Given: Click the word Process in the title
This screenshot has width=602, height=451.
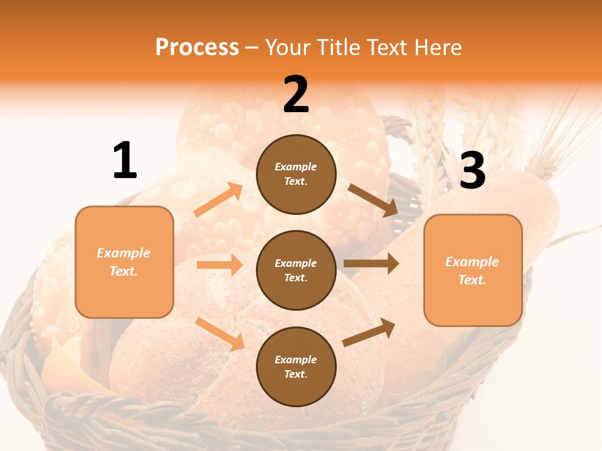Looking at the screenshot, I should point(197,48).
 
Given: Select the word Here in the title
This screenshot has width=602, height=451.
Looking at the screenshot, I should point(436,48).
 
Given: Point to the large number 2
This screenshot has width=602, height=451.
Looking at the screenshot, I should point(296,95).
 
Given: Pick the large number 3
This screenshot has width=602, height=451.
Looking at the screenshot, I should point(473,170).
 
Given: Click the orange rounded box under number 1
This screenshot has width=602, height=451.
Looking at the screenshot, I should point(124,262).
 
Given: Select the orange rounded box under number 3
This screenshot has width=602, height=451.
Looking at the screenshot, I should point(473,271).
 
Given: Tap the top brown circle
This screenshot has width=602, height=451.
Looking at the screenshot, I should point(296,174).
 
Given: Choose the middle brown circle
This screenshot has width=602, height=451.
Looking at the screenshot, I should point(296,271).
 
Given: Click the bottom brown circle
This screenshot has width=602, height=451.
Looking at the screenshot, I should point(296,367).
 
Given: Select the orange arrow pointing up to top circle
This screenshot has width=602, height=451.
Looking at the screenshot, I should point(218,200).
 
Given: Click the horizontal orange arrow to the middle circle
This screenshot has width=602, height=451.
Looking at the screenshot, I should point(219,265).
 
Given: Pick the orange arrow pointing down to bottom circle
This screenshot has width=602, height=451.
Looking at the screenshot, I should point(219,333).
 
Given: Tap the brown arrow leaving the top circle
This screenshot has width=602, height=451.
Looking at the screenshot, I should point(372,200).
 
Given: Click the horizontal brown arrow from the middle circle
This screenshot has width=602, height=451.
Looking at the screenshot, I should point(371,264).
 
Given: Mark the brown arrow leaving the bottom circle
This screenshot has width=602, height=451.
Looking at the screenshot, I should point(369,332).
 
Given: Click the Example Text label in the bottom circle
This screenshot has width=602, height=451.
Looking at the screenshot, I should point(296,367).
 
